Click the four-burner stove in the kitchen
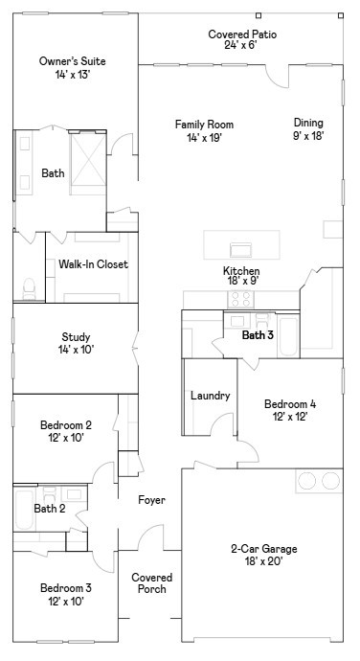(241, 298)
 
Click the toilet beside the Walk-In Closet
(28, 285)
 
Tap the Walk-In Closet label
(93, 264)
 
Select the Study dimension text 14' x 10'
(76, 350)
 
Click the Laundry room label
(210, 396)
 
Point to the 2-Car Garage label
(263, 549)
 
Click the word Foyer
(151, 500)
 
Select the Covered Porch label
(151, 583)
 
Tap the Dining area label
(308, 123)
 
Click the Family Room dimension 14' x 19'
(204, 138)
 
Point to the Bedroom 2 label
(66, 425)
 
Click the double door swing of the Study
(136, 343)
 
